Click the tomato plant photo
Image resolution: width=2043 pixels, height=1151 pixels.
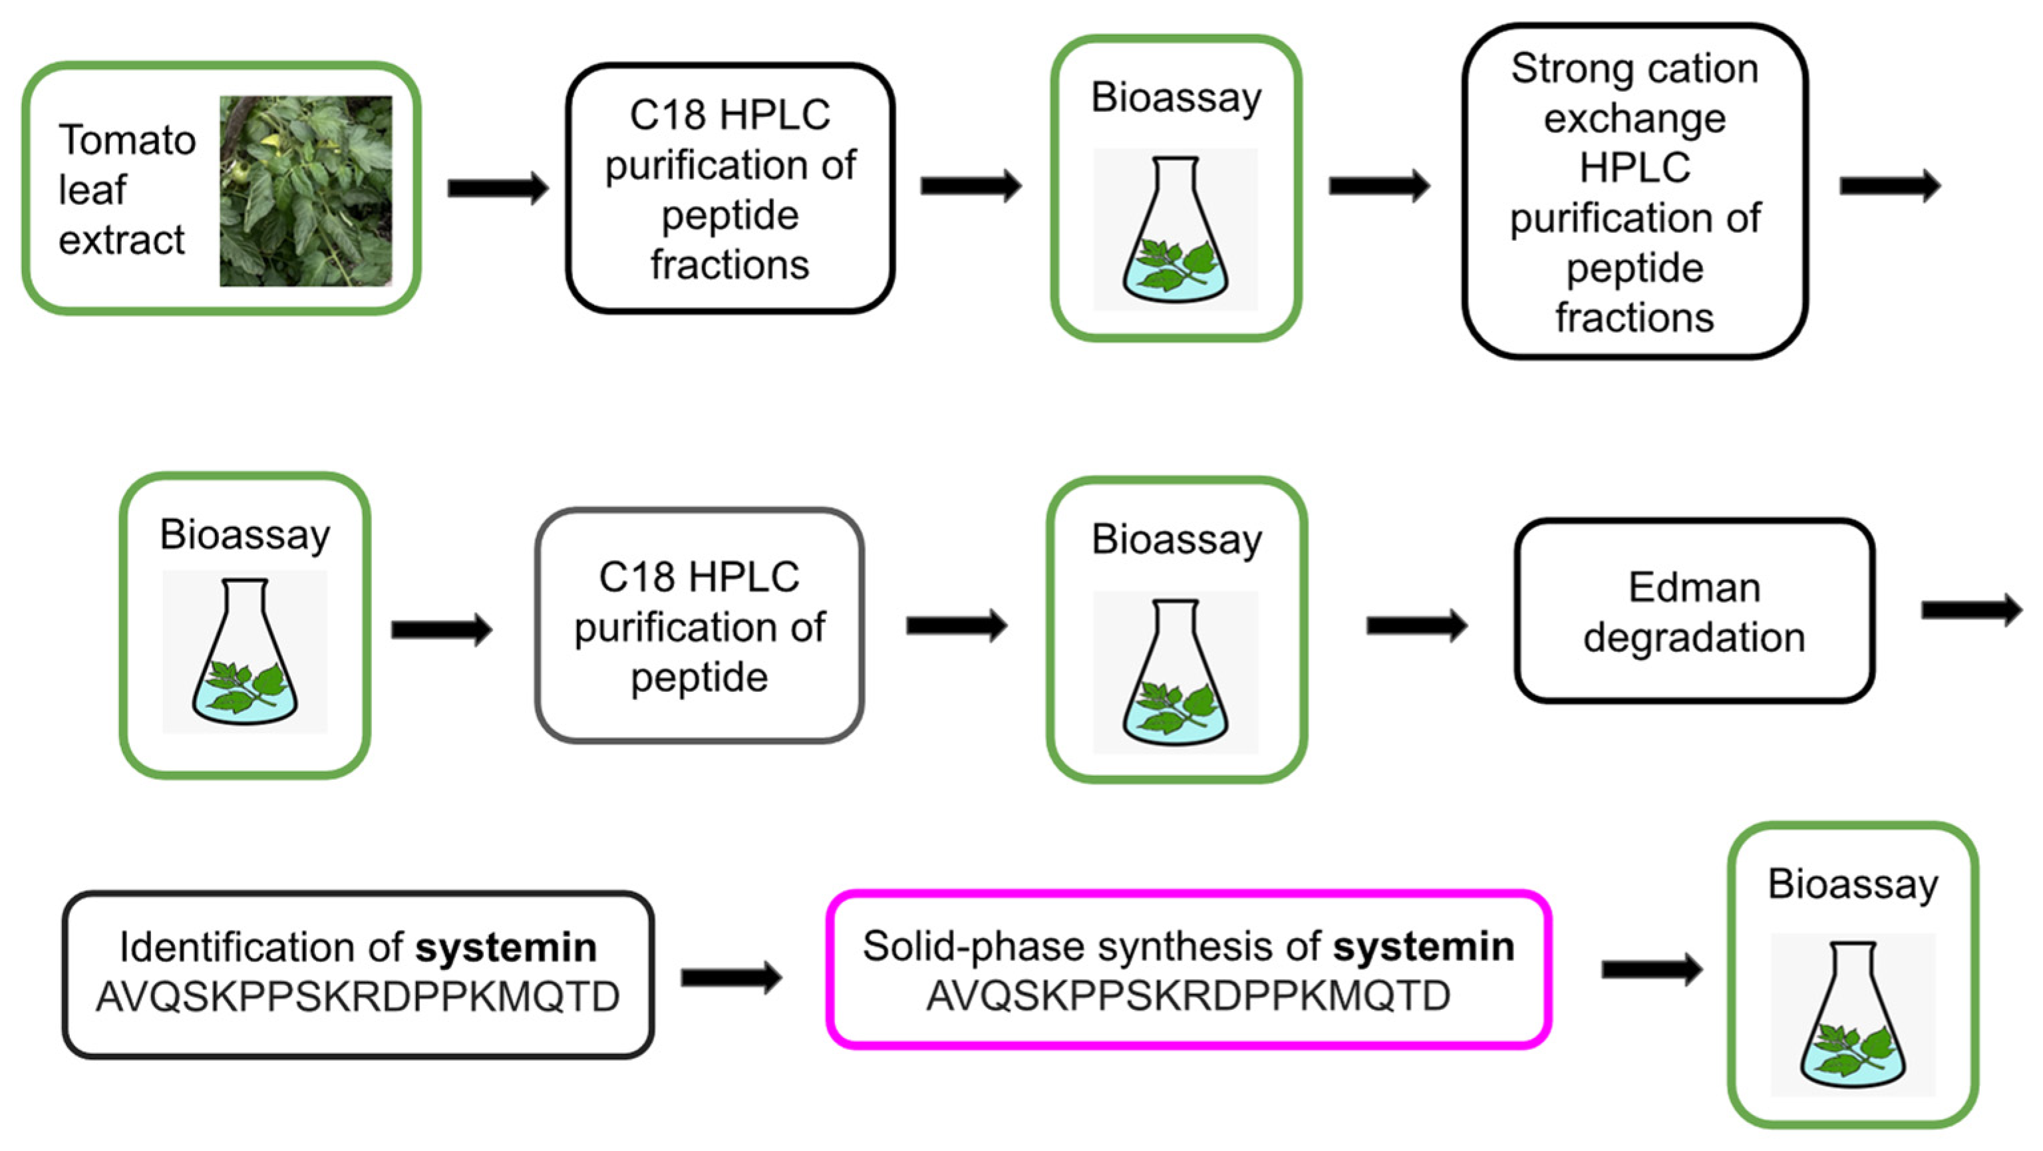click(x=305, y=190)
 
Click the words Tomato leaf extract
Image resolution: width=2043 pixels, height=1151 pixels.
click(x=125, y=190)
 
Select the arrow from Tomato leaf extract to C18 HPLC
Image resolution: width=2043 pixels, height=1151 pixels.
click(x=498, y=188)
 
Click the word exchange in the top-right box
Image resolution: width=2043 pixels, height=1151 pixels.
click(x=1634, y=119)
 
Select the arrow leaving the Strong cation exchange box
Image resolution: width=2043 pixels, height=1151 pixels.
click(x=1889, y=186)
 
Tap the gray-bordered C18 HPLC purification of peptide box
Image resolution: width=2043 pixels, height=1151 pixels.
click(x=699, y=626)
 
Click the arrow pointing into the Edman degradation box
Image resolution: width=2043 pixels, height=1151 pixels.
click(x=1416, y=626)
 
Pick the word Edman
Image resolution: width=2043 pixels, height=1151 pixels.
click(x=1694, y=587)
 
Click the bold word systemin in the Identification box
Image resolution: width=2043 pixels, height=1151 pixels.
click(x=506, y=948)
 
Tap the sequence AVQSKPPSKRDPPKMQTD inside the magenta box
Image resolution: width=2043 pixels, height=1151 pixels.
click(x=1188, y=997)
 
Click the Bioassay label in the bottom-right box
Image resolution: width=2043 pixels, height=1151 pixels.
click(x=1853, y=884)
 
